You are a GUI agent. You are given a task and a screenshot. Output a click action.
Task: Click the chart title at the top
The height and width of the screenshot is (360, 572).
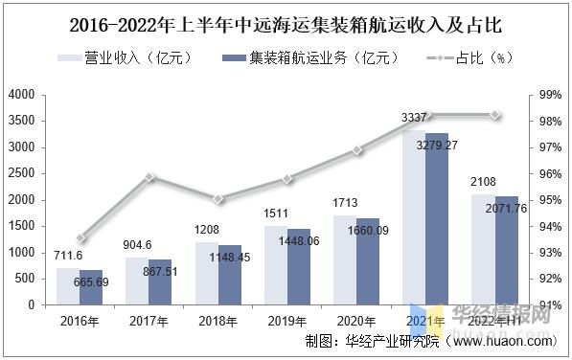286,20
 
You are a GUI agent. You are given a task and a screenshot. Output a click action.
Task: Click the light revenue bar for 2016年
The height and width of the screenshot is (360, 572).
67,286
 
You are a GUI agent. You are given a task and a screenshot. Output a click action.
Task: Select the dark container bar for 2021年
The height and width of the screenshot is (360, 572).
437,219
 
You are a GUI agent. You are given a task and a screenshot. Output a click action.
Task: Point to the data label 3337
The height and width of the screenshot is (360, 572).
414,118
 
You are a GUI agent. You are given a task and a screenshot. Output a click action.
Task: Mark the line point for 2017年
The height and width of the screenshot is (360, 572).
149,177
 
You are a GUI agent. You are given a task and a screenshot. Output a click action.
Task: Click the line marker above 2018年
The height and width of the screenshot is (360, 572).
218,199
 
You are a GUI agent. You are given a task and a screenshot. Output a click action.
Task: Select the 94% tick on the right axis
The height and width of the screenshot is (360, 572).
549,227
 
